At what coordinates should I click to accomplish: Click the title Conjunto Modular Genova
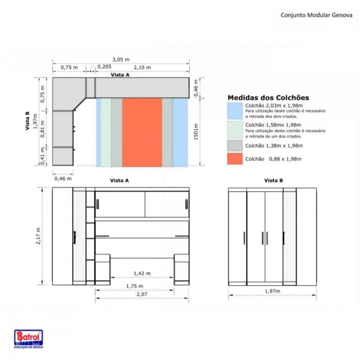(x=316, y=15)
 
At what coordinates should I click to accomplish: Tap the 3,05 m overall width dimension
(x=121, y=59)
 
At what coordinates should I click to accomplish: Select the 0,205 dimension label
(x=104, y=67)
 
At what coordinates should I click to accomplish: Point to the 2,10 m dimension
(x=142, y=67)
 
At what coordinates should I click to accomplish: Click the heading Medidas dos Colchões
(x=268, y=98)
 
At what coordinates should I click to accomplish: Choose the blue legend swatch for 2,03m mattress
(x=235, y=111)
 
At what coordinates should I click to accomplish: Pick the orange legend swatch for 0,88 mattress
(x=235, y=159)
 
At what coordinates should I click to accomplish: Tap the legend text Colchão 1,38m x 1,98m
(x=274, y=145)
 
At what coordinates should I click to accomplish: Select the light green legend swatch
(x=235, y=130)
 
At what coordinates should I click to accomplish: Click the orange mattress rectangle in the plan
(x=142, y=132)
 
